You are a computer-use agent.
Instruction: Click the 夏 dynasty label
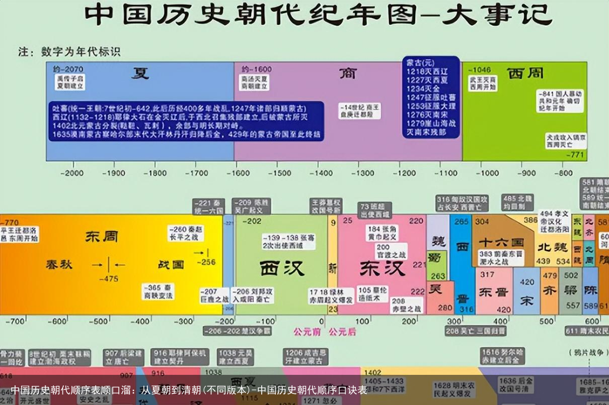click(140, 73)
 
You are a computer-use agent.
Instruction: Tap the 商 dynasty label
click(347, 73)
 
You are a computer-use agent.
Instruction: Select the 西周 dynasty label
click(525, 73)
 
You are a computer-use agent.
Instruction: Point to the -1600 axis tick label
click(239, 173)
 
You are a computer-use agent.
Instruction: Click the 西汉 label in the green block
click(282, 268)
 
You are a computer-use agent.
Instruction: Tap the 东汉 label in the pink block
click(382, 268)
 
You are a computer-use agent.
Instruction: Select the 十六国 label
click(501, 242)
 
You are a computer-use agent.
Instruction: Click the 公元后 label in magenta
click(342, 332)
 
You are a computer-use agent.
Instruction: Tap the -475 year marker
click(109, 279)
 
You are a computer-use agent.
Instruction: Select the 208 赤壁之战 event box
click(407, 305)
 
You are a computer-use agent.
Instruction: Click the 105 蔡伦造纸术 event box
click(372, 294)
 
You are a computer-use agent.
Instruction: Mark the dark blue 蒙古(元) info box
click(431, 97)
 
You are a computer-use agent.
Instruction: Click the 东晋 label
click(494, 292)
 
